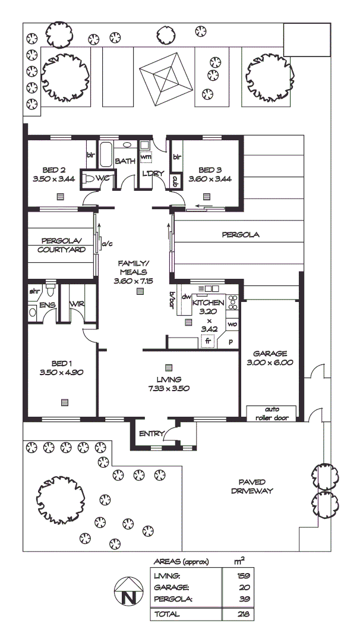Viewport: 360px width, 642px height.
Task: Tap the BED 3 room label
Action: pyautogui.click(x=209, y=168)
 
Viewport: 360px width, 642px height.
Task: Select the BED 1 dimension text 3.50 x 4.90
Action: pyautogui.click(x=61, y=373)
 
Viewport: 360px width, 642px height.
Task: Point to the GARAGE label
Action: pyautogui.click(x=270, y=353)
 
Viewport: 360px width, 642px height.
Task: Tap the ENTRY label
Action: pyautogui.click(x=150, y=434)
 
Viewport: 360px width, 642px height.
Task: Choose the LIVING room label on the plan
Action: pyautogui.click(x=169, y=380)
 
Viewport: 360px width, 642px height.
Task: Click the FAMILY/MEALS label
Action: pyautogui.click(x=133, y=267)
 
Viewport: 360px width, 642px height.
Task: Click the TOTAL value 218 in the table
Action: pyautogui.click(x=242, y=614)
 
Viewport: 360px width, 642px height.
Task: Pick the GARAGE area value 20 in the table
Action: pyautogui.click(x=242, y=587)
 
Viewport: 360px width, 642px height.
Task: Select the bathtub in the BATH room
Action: pyautogui.click(x=106, y=155)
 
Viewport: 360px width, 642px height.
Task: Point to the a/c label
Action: pyautogui.click(x=108, y=244)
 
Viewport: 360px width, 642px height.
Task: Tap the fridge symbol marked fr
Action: pyautogui.click(x=208, y=341)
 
